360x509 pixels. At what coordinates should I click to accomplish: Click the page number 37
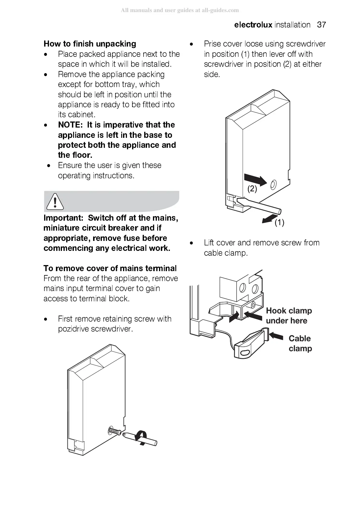321,25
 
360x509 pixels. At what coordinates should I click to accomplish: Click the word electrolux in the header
253,25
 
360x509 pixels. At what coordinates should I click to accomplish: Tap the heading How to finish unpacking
90,44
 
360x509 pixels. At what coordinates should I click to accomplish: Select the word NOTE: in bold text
70,125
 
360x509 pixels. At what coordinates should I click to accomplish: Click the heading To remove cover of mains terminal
110,268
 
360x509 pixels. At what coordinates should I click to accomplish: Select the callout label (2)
252,189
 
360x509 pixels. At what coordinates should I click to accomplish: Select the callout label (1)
279,223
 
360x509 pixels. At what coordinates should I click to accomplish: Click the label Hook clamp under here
289,316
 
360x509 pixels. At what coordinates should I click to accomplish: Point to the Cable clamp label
300,343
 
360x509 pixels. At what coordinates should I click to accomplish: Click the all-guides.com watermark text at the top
180,10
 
